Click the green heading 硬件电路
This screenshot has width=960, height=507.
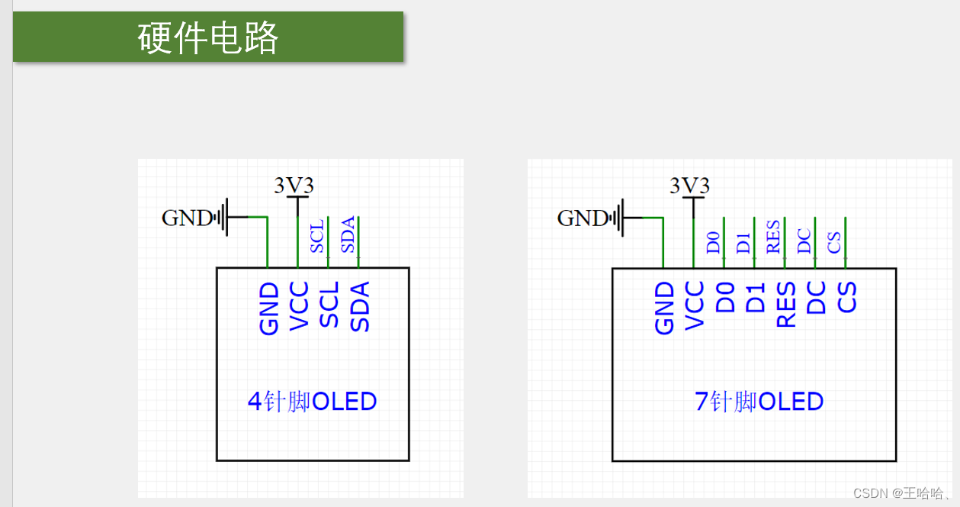(208, 37)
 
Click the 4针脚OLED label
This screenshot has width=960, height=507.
(313, 402)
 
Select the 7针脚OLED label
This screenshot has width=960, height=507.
(759, 402)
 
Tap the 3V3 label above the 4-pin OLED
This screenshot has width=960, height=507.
(294, 186)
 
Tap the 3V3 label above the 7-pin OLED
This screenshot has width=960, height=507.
(689, 186)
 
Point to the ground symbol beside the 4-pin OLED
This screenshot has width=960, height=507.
(223, 218)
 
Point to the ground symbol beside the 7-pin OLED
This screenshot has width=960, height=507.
(618, 218)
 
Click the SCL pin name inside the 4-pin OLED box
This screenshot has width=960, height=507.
(329, 305)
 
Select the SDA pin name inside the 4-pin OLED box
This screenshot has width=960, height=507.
(359, 306)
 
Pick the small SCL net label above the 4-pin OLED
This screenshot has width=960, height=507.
(317, 236)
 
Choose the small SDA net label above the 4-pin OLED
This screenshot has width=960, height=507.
(348, 236)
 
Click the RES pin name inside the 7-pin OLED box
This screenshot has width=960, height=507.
(785, 305)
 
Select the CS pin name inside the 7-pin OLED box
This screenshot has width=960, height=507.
(846, 298)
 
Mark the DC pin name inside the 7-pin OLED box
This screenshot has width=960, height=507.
(816, 298)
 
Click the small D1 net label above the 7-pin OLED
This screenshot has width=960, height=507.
(743, 244)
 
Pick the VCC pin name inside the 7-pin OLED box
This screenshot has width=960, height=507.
(694, 305)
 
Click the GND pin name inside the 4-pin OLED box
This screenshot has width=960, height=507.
(268, 308)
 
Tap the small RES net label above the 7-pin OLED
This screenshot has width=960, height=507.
(773, 237)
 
